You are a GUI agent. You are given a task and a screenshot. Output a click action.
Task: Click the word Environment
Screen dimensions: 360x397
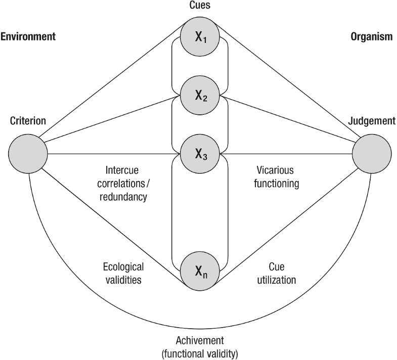pos(28,36)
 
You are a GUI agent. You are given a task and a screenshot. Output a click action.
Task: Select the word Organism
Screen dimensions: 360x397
pos(371,36)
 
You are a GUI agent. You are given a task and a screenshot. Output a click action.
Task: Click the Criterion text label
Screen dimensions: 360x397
pos(28,121)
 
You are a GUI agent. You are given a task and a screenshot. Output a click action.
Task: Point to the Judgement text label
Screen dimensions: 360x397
pos(371,121)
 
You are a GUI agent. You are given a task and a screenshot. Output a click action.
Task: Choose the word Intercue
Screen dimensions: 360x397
pos(122,169)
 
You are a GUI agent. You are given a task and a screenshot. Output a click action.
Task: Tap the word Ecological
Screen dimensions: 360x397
pos(123,266)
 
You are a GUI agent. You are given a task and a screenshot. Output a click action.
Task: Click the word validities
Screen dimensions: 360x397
pos(123,279)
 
